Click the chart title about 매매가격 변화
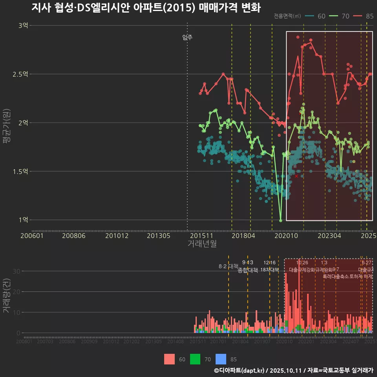click(146, 8)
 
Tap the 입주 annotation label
click(187, 38)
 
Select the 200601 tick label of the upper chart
click(32, 236)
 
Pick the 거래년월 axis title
click(202, 244)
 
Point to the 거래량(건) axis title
click(7, 296)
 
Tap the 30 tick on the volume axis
click(16, 271)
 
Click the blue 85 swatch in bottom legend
click(221, 359)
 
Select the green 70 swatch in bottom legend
click(195, 359)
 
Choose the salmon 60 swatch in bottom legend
click(169, 359)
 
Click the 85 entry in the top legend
click(370, 16)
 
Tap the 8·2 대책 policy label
click(229, 266)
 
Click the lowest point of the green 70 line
click(280, 221)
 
